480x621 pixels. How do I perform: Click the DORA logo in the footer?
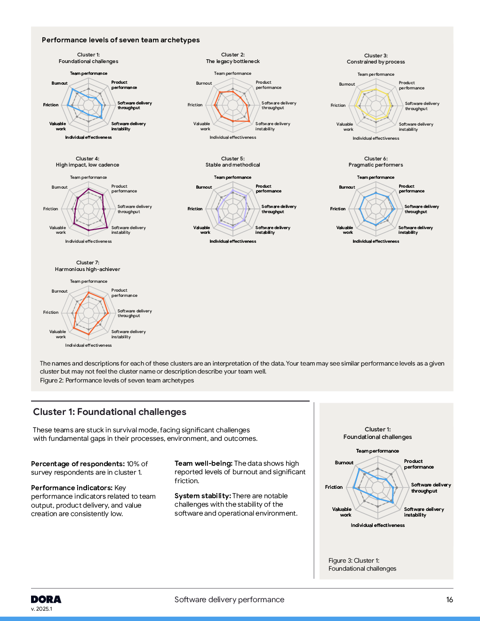tap(46, 599)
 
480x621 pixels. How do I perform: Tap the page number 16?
tap(449, 600)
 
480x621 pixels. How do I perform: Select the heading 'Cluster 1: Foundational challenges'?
tap(110, 412)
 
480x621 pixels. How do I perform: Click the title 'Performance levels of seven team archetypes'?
tap(120, 40)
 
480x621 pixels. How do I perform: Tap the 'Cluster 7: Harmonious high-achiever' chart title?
tap(88, 266)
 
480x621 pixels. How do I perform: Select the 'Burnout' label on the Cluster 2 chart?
tap(204, 83)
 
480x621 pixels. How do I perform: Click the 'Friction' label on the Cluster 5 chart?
tap(195, 209)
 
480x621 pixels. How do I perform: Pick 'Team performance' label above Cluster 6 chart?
tap(376, 177)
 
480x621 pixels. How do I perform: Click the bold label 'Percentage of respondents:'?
tap(78, 464)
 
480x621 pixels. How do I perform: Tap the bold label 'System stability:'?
tap(202, 496)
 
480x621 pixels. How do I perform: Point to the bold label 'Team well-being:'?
tap(203, 463)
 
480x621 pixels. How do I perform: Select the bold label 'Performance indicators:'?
tap(72, 488)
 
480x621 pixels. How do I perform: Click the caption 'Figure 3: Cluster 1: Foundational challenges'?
tap(362, 565)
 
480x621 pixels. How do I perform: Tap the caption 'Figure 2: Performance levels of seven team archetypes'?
tap(117, 381)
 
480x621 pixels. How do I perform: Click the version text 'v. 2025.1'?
tap(41, 609)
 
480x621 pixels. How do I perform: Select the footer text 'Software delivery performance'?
tap(229, 600)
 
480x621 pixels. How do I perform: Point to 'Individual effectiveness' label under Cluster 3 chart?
tap(376, 138)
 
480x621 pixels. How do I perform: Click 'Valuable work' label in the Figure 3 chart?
tap(342, 512)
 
